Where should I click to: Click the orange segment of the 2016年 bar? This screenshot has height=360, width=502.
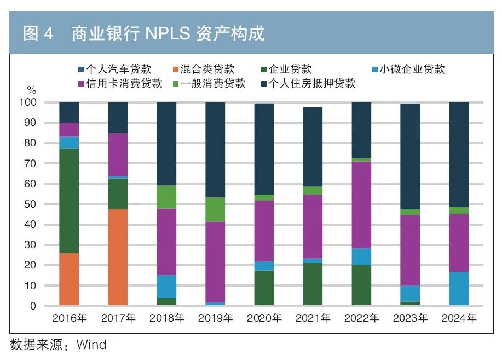(x=69, y=279)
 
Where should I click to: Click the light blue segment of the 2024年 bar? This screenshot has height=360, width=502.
(x=459, y=288)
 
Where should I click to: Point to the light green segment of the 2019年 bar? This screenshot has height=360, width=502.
(x=215, y=209)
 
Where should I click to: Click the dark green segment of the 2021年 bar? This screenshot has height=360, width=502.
(x=313, y=284)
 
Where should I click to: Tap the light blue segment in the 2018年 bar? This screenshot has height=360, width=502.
(x=166, y=287)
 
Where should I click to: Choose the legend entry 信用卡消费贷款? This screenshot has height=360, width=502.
(x=120, y=83)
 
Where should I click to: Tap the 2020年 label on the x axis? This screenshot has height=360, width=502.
(x=264, y=318)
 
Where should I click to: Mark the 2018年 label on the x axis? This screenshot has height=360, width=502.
(x=166, y=318)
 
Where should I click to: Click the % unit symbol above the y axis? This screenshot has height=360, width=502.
(x=31, y=90)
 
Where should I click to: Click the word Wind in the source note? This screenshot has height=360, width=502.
(x=91, y=345)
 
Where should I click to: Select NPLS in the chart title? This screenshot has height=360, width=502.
(x=167, y=34)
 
